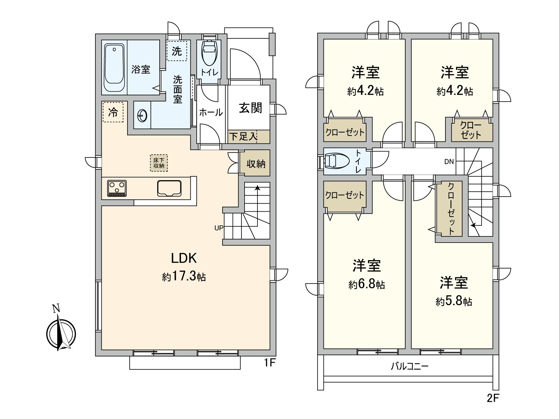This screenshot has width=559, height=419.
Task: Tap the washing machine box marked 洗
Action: pyautogui.click(x=176, y=51)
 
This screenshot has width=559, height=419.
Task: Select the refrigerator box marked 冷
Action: pyautogui.click(x=113, y=112)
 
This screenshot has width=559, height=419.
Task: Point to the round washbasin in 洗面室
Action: pyautogui.click(x=142, y=115)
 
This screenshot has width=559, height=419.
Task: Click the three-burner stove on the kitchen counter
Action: pyautogui.click(x=117, y=188)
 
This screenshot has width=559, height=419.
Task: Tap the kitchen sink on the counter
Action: pyautogui.click(x=169, y=189)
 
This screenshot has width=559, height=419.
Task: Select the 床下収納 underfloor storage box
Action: pyautogui.click(x=159, y=163)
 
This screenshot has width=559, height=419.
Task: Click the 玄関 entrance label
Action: pyautogui.click(x=251, y=108)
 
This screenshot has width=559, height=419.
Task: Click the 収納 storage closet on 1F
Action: pyautogui.click(x=255, y=163)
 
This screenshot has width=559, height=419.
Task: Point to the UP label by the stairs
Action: pyautogui.click(x=219, y=228)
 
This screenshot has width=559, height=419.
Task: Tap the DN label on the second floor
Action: pyautogui.click(x=449, y=162)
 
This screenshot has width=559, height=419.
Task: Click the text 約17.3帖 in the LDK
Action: pyautogui.click(x=184, y=277)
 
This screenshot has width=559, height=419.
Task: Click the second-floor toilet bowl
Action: pyautogui.click(x=335, y=161)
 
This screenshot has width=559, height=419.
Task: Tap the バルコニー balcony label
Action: pyautogui.click(x=409, y=367)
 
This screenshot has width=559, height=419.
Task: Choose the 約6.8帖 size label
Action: pyautogui.click(x=366, y=285)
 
